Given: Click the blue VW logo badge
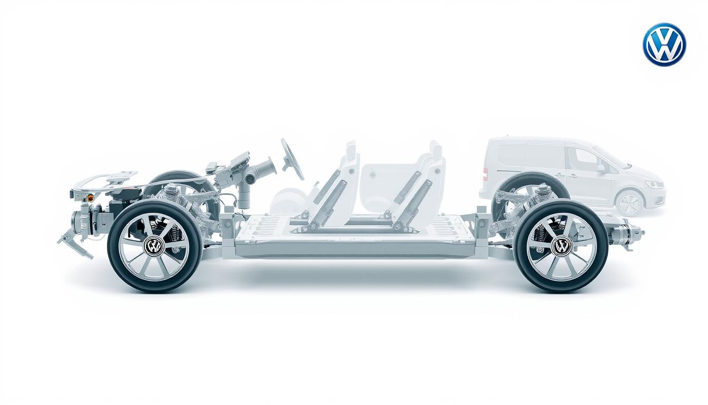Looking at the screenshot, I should (x=664, y=44).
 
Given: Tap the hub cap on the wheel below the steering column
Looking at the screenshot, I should (x=154, y=246).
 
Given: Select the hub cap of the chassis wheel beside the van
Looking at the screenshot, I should (x=562, y=246).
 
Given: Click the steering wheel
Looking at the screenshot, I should (x=292, y=159).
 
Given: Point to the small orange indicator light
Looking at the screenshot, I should (x=90, y=198).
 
